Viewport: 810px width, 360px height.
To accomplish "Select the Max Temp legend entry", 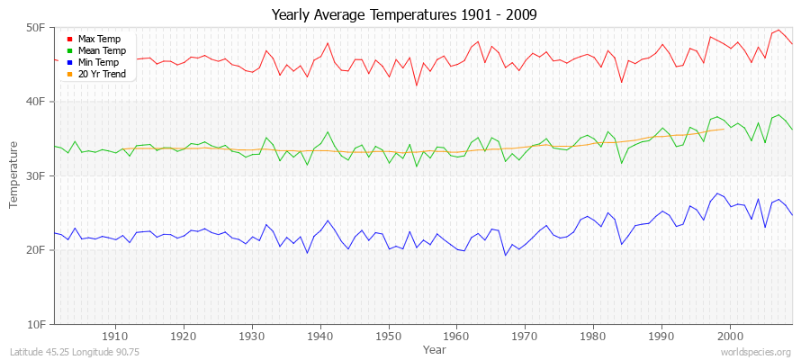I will [x=98, y=40].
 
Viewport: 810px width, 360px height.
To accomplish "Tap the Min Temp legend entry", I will [x=98, y=63].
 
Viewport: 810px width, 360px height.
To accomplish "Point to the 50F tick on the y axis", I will [x=36, y=28].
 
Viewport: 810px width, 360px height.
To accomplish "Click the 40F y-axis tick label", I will [x=36, y=102].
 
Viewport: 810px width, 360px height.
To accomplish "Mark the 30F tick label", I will [x=36, y=176].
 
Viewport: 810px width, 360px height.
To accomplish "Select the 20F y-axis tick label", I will [x=36, y=250].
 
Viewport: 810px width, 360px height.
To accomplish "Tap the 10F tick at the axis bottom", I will [x=36, y=324].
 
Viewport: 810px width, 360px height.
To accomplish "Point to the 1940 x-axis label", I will [x=320, y=336].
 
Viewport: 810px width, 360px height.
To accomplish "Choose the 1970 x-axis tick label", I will [x=525, y=336].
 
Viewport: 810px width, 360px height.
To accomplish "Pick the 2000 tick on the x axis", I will [x=730, y=336].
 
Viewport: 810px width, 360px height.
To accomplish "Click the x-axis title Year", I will [x=434, y=348].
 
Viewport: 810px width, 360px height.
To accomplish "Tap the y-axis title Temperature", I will [x=14, y=175].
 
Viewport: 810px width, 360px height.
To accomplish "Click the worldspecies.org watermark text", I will [x=756, y=352].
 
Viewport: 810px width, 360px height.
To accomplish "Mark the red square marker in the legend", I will [x=69, y=40].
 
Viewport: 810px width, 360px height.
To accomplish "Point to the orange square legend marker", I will [x=69, y=75].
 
